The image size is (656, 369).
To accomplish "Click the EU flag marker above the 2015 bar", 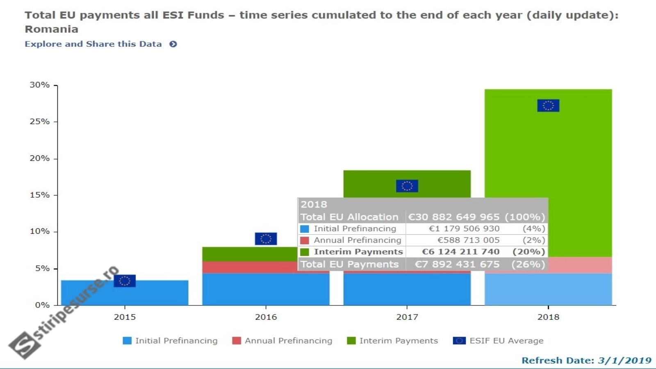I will point(125,281).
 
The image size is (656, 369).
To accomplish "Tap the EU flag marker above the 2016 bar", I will point(266,239).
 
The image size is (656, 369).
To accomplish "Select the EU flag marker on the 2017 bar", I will point(407,186).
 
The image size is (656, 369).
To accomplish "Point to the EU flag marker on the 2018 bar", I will point(548,105).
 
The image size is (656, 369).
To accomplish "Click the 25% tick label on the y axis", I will point(39,122).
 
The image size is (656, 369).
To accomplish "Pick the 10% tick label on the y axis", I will point(39,232).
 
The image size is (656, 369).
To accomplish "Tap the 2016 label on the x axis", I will point(266,317).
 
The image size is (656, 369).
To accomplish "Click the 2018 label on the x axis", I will point(548,317).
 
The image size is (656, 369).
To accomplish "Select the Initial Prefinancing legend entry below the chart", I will point(171,341).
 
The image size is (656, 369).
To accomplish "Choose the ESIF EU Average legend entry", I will point(499,341).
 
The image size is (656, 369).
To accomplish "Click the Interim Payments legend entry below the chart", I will point(393,341).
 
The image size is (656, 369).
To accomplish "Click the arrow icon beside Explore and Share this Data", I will point(173,44).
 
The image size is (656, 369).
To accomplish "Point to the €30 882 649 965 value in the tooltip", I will point(454,217).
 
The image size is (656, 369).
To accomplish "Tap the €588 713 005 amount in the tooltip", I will point(468,240).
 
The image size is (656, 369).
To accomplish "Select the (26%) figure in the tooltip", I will point(528,264).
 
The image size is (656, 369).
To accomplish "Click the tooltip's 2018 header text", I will point(314,205).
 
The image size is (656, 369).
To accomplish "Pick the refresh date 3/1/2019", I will point(624,360).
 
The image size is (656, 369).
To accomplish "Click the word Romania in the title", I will point(51,29).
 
